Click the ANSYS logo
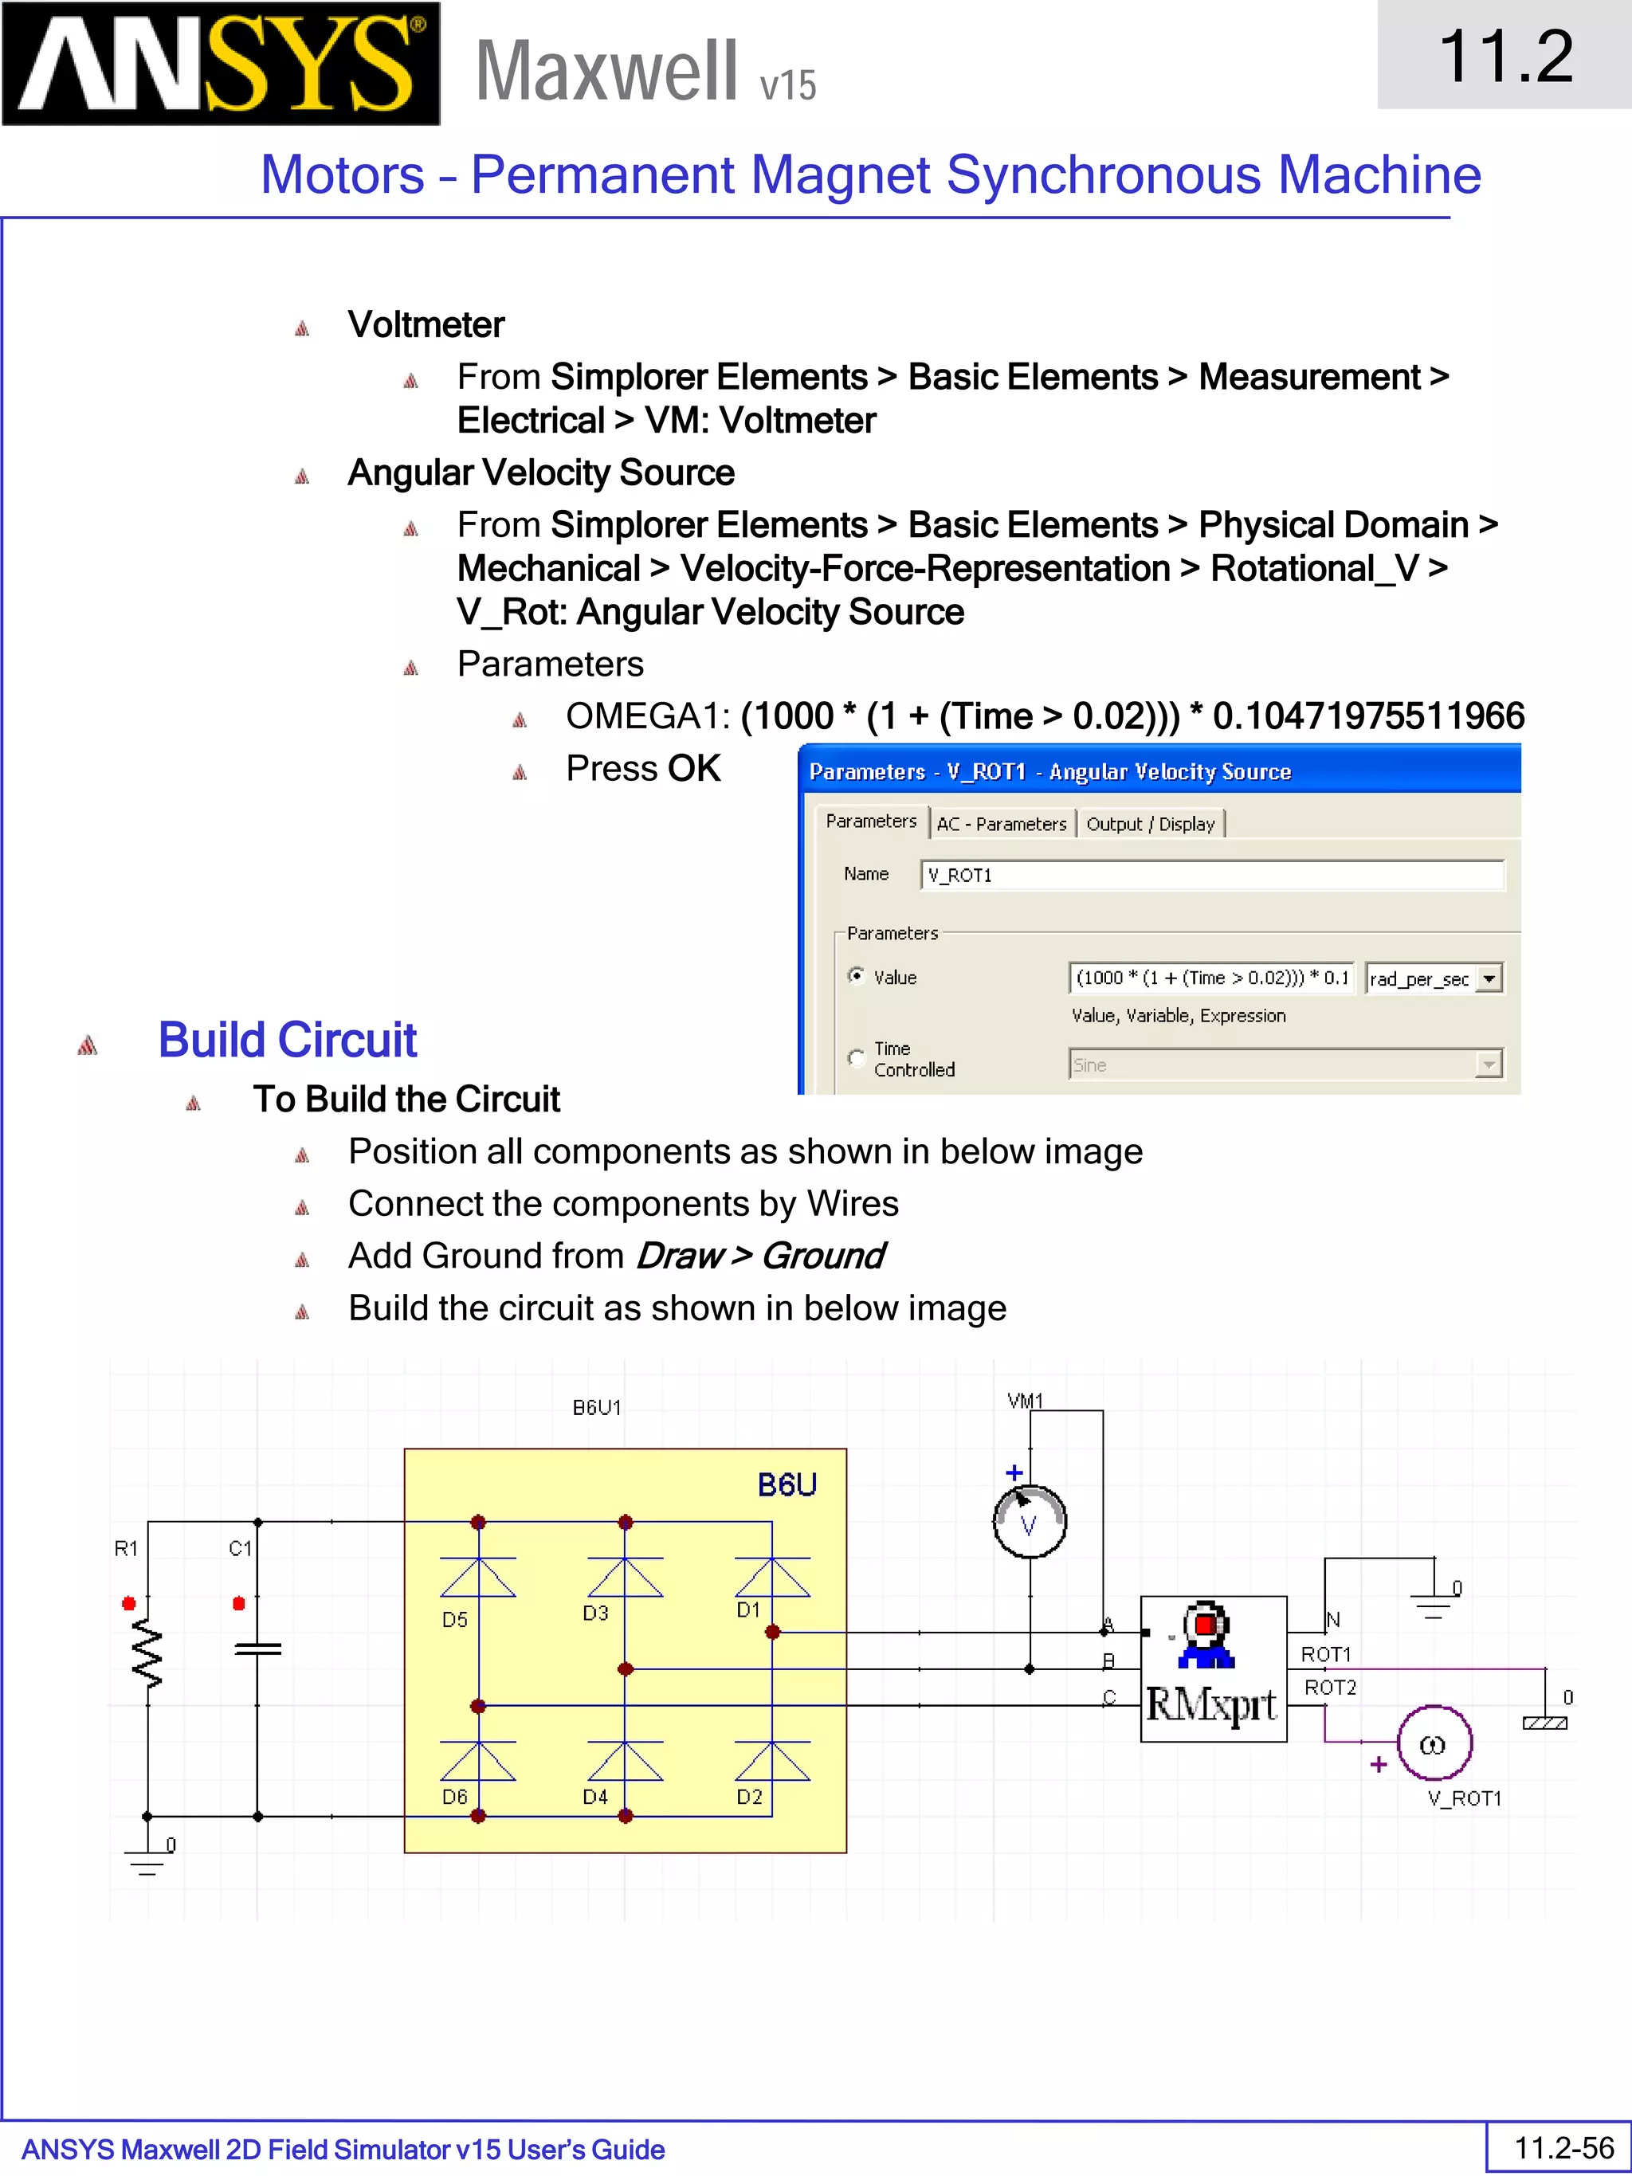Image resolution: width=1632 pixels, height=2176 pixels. [x=221, y=64]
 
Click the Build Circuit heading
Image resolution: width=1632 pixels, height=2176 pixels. [x=287, y=1040]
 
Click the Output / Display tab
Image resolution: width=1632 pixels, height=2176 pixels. [x=1150, y=823]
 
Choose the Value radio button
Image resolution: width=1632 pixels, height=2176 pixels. [x=857, y=976]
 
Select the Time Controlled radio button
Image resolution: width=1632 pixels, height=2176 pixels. [x=857, y=1057]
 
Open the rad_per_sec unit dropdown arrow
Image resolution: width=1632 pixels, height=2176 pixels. [x=1489, y=978]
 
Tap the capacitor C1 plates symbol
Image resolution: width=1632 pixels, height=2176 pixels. [x=257, y=1649]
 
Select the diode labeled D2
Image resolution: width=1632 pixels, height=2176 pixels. [x=772, y=1762]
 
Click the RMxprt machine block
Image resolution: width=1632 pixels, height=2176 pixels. [x=1213, y=1668]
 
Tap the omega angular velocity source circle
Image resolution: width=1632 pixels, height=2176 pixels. [x=1434, y=1743]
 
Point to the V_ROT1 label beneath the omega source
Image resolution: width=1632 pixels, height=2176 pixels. [x=1464, y=1798]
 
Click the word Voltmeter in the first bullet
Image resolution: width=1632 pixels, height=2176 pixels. [x=426, y=324]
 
